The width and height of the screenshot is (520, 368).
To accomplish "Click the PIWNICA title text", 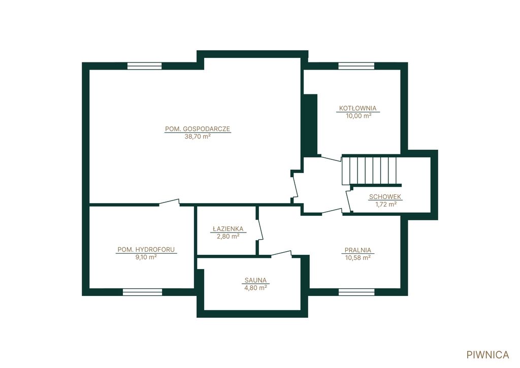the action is (x=487, y=355).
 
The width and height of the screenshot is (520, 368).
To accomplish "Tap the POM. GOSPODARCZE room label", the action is (x=198, y=129).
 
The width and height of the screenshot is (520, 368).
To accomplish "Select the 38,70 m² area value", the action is (x=198, y=136).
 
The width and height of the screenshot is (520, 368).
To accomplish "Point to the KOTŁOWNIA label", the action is (x=358, y=108).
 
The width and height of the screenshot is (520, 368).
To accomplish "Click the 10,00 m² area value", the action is (x=358, y=116).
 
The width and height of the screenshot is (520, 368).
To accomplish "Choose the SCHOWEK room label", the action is (x=385, y=196).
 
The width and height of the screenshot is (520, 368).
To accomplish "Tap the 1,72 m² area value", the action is (x=386, y=204).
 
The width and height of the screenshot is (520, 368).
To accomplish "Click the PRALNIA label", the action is (x=358, y=250).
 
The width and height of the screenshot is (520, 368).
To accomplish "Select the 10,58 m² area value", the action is (x=358, y=258).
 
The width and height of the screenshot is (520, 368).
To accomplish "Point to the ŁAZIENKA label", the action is (x=228, y=229).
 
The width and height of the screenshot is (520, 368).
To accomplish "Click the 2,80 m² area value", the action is (x=228, y=237).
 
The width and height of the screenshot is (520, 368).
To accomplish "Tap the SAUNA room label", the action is (x=255, y=280).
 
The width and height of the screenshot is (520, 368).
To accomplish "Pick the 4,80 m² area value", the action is (x=256, y=288).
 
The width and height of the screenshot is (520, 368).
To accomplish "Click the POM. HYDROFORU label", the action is (x=146, y=250).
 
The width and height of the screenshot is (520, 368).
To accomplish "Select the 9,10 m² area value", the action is (x=146, y=257).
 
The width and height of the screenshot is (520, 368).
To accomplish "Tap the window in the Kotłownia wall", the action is (x=356, y=65).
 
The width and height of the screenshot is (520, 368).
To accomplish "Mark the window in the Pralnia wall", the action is (x=356, y=292).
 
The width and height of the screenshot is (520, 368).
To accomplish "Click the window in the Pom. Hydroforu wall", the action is (x=143, y=292).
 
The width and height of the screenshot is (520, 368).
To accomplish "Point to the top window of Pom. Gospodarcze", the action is (x=145, y=65).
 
